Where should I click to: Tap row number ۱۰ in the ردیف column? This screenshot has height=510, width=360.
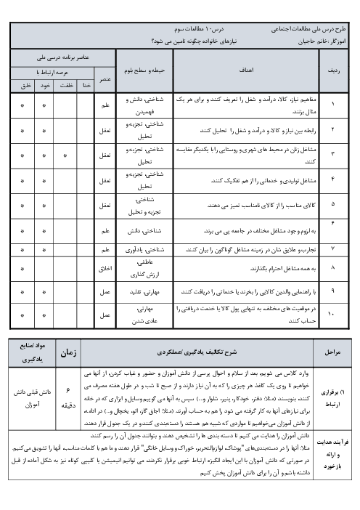333,314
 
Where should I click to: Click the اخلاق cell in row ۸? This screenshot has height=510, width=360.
105,268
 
